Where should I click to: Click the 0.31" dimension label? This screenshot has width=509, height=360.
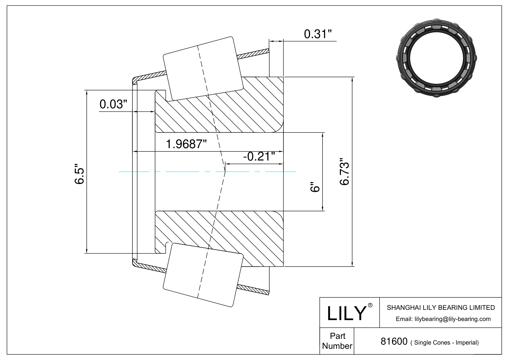point(318,34)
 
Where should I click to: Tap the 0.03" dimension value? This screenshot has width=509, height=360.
point(113,104)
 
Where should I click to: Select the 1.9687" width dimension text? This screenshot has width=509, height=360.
point(186,144)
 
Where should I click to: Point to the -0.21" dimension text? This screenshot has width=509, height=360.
point(259,156)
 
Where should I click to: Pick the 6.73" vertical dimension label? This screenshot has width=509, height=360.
point(345,172)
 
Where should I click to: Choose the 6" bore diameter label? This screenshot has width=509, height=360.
point(315,187)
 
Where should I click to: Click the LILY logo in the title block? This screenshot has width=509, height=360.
point(346,313)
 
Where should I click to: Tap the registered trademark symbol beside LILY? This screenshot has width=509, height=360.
point(370,305)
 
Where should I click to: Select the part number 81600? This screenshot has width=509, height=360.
point(394,342)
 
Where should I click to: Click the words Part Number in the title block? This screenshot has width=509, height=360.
point(337,341)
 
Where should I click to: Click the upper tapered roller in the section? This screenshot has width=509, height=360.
point(203,68)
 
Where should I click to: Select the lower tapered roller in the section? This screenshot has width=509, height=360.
point(203,275)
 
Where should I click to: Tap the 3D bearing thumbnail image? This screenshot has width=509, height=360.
point(436,58)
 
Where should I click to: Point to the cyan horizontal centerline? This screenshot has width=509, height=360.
point(207,172)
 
